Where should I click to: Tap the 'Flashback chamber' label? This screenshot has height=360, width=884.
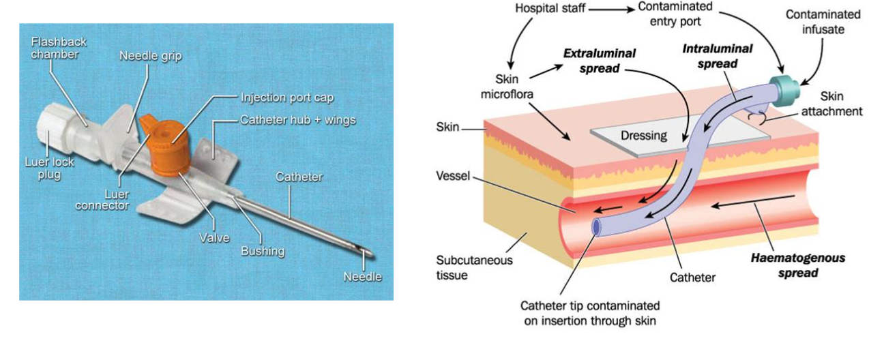point(59,48)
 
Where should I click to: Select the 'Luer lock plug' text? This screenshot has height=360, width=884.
point(50,168)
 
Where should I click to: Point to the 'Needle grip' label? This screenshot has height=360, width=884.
point(151,56)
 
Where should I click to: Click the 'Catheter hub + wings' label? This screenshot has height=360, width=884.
point(298,120)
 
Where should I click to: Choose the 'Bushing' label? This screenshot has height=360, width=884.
point(263,251)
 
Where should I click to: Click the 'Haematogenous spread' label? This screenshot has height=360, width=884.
point(797,266)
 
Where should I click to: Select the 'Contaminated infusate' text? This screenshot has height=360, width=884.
point(823,22)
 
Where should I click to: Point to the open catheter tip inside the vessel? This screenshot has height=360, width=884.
point(598,226)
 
